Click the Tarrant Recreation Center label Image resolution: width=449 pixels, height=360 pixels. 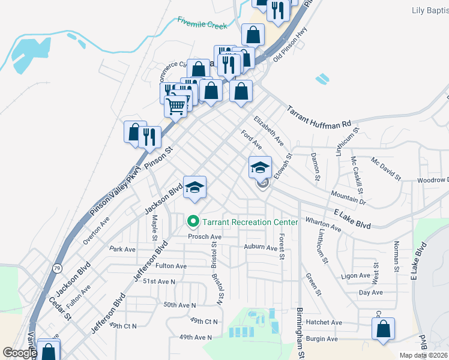(x=250, y=222)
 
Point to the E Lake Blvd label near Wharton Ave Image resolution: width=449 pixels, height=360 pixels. (x=352, y=218)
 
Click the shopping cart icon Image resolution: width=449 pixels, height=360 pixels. (x=176, y=106)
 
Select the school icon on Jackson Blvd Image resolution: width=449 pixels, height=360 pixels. (x=194, y=187)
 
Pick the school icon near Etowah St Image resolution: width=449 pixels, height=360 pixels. (x=260, y=167)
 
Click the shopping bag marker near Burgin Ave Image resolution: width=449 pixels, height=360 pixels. (x=383, y=329)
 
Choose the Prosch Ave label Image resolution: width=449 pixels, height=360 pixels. (x=205, y=237)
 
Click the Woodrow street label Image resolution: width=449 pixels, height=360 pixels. (x=433, y=180)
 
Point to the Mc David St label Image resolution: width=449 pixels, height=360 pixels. (x=386, y=169)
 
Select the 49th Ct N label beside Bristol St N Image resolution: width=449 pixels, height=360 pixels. (x=203, y=322)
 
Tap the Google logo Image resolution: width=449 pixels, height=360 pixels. (x=20, y=353)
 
